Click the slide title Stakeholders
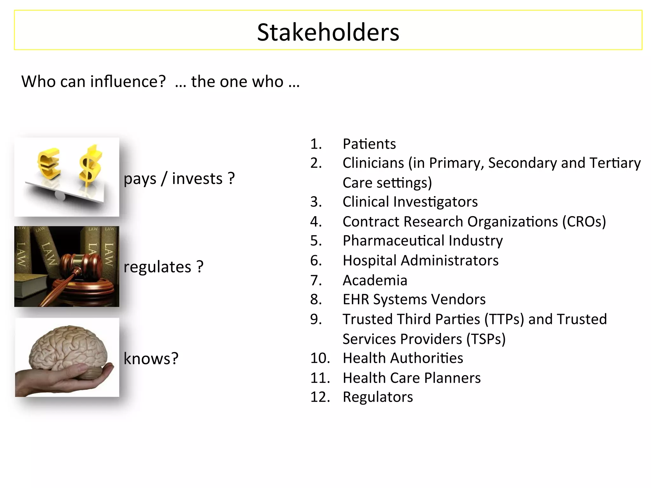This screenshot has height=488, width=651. (328, 32)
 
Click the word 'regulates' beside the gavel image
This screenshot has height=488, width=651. (157, 267)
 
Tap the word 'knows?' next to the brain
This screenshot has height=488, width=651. (151, 359)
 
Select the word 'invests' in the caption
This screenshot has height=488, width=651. (197, 179)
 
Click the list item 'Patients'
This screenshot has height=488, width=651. (369, 144)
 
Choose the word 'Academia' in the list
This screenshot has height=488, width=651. (375, 281)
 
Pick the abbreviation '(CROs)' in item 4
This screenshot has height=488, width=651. (584, 222)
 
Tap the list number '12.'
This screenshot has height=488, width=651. (320, 397)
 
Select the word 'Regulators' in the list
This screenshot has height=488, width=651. (378, 397)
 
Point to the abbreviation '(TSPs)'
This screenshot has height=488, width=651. (486, 339)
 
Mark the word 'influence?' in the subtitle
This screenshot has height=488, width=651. (128, 82)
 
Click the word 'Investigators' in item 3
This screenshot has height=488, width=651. (435, 202)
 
